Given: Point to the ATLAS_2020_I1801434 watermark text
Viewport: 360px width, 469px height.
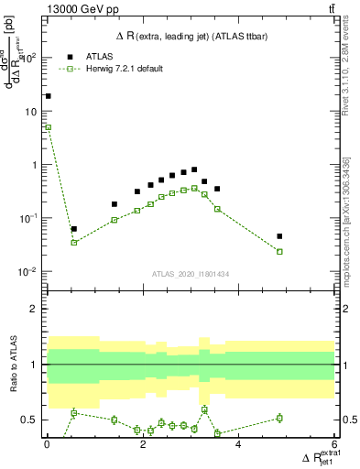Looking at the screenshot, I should point(191,274).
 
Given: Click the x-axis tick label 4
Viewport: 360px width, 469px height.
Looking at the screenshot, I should point(239,444).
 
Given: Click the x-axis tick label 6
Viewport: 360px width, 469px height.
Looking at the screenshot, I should point(334,444).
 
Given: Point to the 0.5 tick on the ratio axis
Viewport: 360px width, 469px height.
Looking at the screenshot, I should point(31,420).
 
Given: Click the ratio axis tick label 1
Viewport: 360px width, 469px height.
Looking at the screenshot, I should point(36,365).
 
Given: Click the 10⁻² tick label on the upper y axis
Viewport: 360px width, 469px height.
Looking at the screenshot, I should point(30,272).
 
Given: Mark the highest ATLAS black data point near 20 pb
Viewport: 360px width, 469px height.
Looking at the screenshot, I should point(48,95).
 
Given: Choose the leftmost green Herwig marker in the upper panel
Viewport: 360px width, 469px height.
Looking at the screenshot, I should point(48,127).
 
